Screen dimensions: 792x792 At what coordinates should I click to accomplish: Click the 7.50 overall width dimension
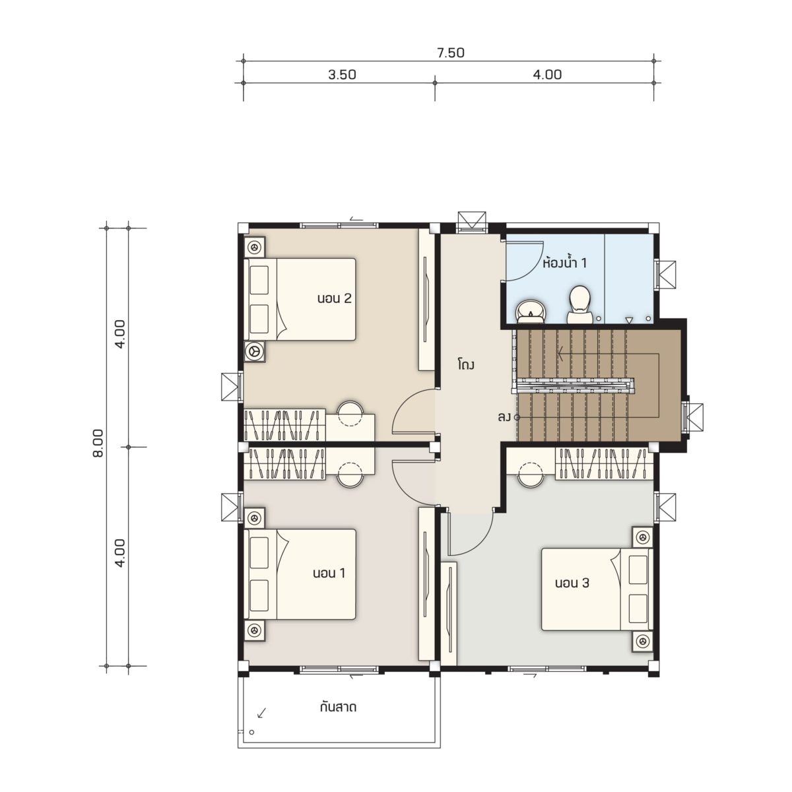click(x=451, y=53)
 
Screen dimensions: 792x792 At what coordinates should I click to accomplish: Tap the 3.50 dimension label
click(x=342, y=75)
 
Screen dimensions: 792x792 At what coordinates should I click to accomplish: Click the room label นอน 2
click(x=334, y=298)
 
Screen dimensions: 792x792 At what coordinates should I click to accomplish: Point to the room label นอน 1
click(x=329, y=573)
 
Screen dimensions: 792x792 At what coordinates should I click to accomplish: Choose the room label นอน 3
click(x=572, y=583)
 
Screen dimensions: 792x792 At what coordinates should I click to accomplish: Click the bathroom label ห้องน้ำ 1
click(x=565, y=263)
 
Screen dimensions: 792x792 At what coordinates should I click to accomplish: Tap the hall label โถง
click(x=466, y=364)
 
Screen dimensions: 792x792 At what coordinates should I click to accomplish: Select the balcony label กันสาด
click(x=338, y=708)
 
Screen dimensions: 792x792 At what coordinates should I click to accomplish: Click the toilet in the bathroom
click(x=580, y=304)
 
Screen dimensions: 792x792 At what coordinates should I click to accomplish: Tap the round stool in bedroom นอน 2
click(x=350, y=414)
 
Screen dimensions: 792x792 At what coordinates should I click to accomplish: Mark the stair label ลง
click(x=504, y=418)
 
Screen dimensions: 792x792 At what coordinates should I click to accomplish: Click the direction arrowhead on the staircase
click(x=560, y=353)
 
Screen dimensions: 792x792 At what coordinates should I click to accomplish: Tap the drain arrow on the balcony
click(x=261, y=713)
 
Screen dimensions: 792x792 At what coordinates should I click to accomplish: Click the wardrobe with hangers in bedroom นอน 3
click(x=604, y=464)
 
